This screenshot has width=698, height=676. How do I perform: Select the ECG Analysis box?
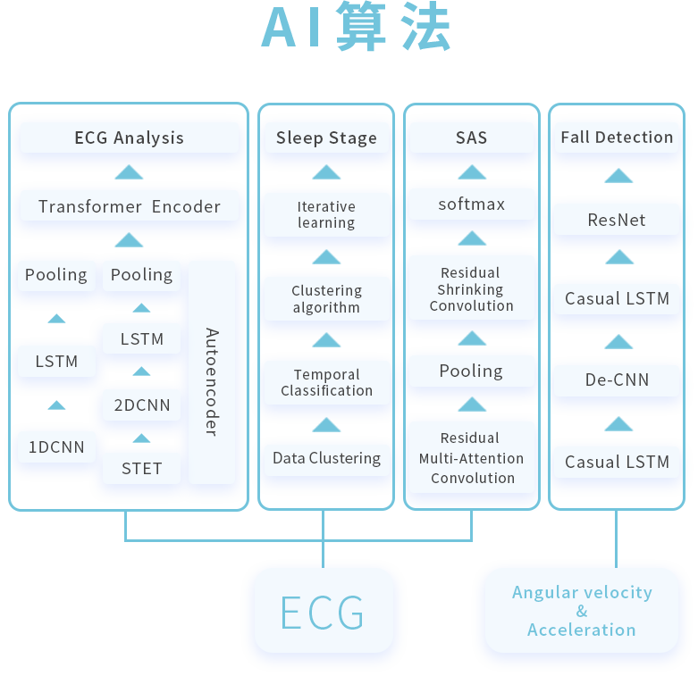pyautogui.click(x=130, y=138)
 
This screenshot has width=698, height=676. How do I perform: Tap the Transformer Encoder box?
pyautogui.click(x=130, y=206)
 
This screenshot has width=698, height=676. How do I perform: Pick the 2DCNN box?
pyautogui.click(x=141, y=405)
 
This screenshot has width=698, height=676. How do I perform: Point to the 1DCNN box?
pyautogui.click(x=56, y=447)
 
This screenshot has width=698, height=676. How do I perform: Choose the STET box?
pyautogui.click(x=141, y=468)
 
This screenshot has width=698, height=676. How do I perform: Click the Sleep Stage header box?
pyautogui.click(x=326, y=138)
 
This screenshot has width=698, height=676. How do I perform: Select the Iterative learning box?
pyautogui.click(x=326, y=214)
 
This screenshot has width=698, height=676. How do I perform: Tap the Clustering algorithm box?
pyautogui.click(x=326, y=298)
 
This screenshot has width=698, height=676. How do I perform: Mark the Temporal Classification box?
pyautogui.click(x=326, y=382)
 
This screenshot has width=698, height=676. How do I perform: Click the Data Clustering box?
pyautogui.click(x=326, y=459)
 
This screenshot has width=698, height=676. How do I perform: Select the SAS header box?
pyautogui.click(x=471, y=138)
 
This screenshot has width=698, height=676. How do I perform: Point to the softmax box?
pyautogui.click(x=471, y=204)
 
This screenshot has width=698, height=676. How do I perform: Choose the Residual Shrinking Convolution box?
pyautogui.click(x=471, y=288)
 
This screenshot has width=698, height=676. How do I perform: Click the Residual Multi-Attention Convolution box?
pyautogui.click(x=471, y=457)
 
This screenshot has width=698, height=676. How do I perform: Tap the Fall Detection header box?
pyautogui.click(x=617, y=138)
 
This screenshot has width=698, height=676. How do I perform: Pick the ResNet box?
pyautogui.click(x=617, y=220)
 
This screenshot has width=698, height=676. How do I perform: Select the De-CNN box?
pyautogui.click(x=617, y=380)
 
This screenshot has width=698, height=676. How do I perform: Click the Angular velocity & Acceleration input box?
pyautogui.click(x=582, y=611)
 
